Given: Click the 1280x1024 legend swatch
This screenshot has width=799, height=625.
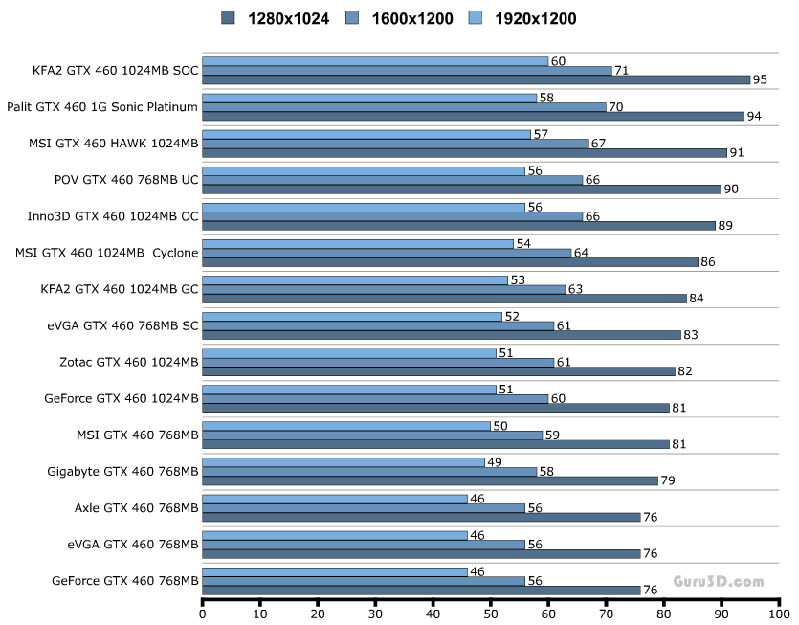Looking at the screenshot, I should [228, 18].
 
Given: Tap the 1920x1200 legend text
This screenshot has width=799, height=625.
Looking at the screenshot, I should [535, 18].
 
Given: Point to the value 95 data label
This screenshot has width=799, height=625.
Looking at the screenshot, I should [760, 79].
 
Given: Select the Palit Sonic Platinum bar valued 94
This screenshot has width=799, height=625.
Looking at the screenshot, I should [473, 116].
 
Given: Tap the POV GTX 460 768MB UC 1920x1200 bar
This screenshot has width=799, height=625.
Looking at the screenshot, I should [364, 170].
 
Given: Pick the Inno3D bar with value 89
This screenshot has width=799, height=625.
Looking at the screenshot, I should [458, 225].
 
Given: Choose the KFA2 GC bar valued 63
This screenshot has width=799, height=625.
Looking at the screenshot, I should [384, 289].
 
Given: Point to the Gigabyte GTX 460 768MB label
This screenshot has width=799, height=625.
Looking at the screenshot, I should [122, 471].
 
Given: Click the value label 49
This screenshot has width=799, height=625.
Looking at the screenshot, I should [496, 462].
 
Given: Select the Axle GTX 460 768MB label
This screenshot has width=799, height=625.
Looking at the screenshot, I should [136, 507].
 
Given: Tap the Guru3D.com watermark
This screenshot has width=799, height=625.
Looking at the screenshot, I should [718, 581].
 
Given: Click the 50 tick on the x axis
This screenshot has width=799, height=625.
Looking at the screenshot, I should [491, 613].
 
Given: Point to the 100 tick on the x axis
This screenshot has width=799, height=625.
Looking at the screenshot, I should [780, 613].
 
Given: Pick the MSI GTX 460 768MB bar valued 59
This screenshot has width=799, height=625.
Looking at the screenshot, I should [372, 435].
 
